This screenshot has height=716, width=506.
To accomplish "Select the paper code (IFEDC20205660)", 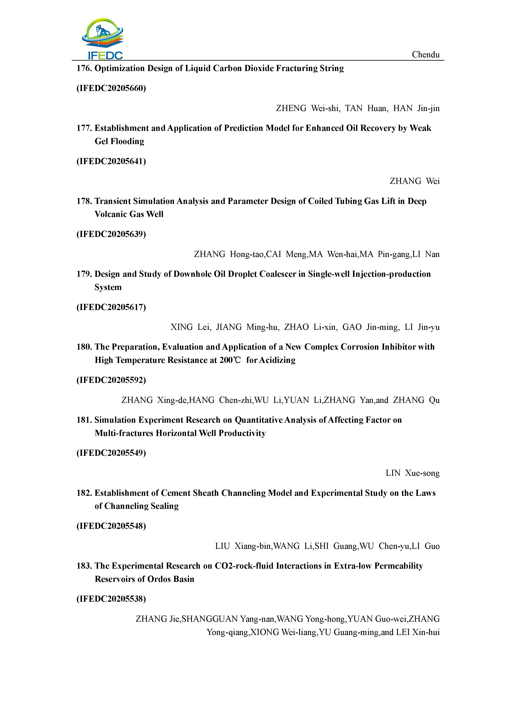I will click(x=111, y=88).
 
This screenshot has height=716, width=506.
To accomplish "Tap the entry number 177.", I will click(x=84, y=128).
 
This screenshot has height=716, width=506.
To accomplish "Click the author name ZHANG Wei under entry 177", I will click(x=414, y=181).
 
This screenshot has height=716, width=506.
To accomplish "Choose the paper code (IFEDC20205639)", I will click(x=111, y=234).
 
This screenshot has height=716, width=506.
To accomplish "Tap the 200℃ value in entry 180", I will click(x=230, y=360).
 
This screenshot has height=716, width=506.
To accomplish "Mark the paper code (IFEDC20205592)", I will click(x=111, y=380).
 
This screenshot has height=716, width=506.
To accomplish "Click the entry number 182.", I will click(x=84, y=493).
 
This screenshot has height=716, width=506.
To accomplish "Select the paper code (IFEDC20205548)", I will click(x=111, y=526).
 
